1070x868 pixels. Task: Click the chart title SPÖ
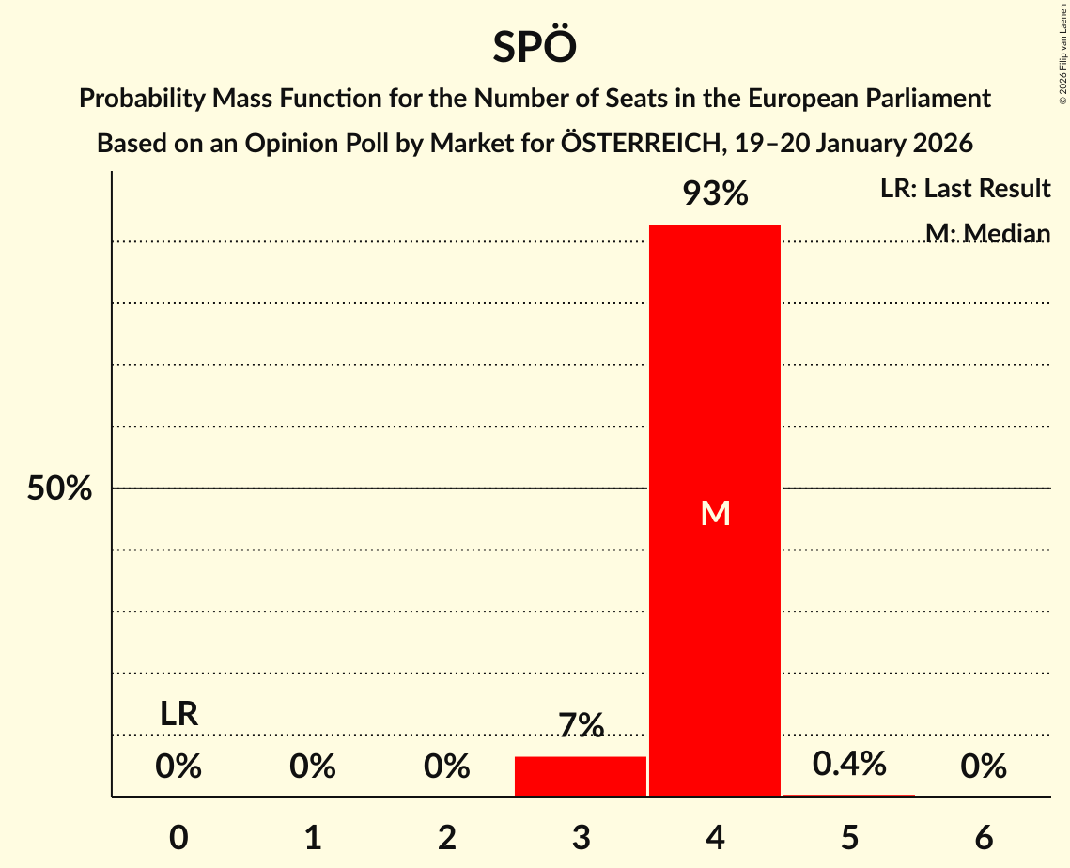tap(534, 47)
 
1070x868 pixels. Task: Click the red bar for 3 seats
tap(581, 776)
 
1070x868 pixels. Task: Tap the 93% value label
tap(715, 194)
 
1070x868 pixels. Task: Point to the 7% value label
tap(581, 726)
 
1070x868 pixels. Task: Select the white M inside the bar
tap(715, 513)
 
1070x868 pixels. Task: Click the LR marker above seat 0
tap(178, 714)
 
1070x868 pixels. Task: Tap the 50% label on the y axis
tap(59, 489)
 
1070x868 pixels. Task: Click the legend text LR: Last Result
tap(965, 189)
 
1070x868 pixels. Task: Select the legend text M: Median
tap(987, 233)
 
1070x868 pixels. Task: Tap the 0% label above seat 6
tap(984, 767)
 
